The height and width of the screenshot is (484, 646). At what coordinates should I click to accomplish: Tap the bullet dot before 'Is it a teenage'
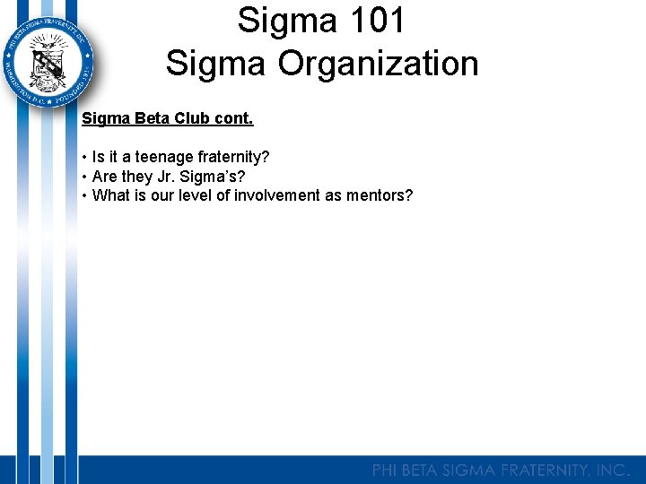tap(84, 157)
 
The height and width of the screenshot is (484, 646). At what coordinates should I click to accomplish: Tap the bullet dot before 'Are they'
tap(84, 177)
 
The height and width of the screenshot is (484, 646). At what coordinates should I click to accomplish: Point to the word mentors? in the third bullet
tap(380, 195)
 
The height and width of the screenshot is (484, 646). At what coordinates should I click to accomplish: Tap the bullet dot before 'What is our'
tap(84, 195)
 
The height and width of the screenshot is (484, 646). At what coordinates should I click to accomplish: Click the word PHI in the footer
tap(387, 470)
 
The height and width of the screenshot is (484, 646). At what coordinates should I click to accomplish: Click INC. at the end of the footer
tap(615, 470)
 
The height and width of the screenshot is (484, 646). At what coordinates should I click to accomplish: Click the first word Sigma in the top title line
tap(276, 22)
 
